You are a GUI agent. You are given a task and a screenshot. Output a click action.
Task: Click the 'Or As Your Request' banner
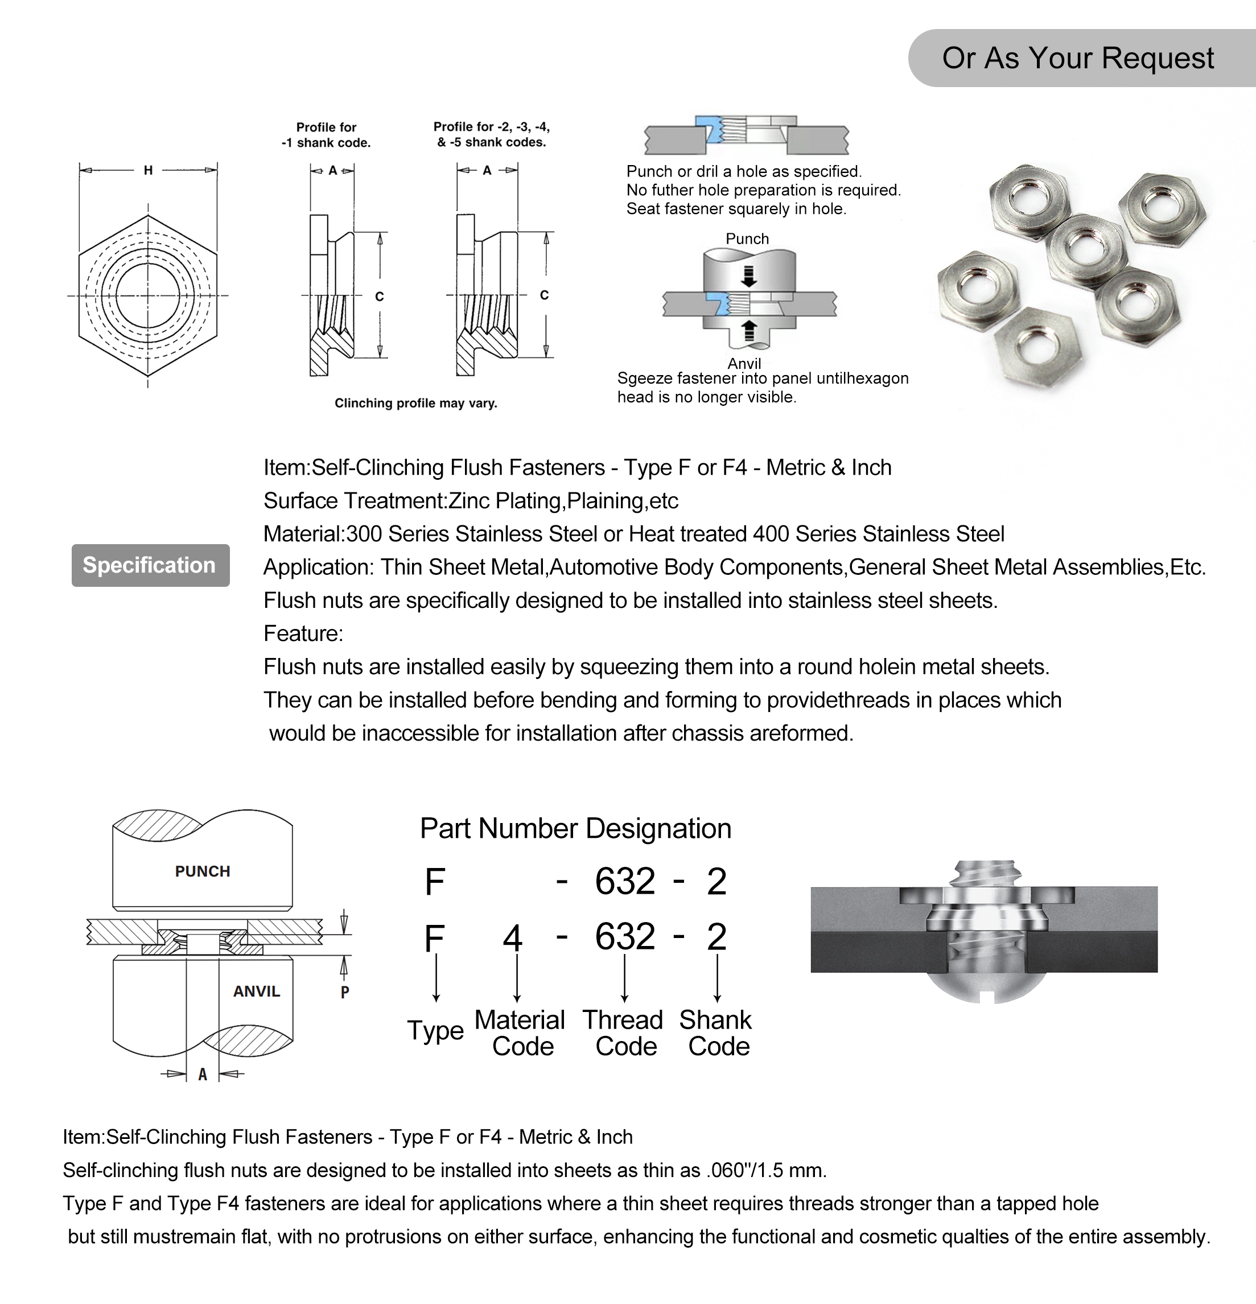[1078, 58]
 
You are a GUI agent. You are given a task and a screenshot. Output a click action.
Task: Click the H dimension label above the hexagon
[149, 170]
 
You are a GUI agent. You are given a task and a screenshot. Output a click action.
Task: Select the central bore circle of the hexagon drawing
[148, 295]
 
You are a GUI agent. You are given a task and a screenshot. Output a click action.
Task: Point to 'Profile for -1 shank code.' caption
[326, 134]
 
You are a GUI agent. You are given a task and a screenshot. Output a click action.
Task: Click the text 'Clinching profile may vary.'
[416, 403]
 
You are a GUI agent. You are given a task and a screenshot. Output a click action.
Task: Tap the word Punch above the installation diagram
[747, 239]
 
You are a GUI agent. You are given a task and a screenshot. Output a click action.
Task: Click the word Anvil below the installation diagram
[744, 363]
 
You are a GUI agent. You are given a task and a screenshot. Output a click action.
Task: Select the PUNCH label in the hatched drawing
[202, 871]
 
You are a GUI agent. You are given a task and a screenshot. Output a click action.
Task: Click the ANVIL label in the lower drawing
[256, 992]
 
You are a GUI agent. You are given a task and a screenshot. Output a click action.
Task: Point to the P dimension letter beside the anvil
[345, 992]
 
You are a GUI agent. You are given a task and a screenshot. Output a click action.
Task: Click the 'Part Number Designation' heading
[575, 829]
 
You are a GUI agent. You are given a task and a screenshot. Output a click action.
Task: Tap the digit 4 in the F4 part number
[512, 938]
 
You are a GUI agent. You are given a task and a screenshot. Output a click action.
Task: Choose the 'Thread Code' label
[623, 1033]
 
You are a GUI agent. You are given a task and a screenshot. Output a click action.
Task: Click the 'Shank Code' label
[716, 1033]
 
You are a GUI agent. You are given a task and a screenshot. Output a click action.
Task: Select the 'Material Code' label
[520, 1033]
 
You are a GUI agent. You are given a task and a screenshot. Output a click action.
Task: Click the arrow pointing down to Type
[436, 978]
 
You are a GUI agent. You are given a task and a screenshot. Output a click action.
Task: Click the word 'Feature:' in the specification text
[303, 634]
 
